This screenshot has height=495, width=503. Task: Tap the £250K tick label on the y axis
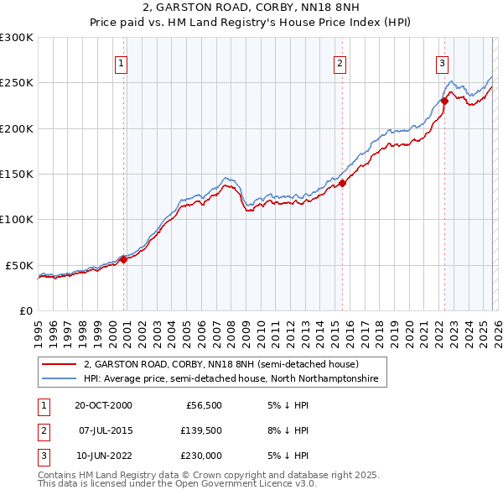pos(17,83)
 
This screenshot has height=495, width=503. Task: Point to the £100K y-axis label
pos(17,219)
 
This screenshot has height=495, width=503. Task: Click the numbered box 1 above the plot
pos(122,62)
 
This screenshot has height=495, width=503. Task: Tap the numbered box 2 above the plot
pos(340,62)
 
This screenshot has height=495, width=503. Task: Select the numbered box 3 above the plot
pos(442,62)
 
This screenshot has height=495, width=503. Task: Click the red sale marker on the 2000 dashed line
pos(123,259)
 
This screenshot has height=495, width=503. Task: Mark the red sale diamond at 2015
pos(342,184)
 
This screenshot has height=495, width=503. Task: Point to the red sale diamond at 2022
pos(444,102)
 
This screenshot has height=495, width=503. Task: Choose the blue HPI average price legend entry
pos(231,379)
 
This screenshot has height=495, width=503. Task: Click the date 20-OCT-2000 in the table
pos(103,404)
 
